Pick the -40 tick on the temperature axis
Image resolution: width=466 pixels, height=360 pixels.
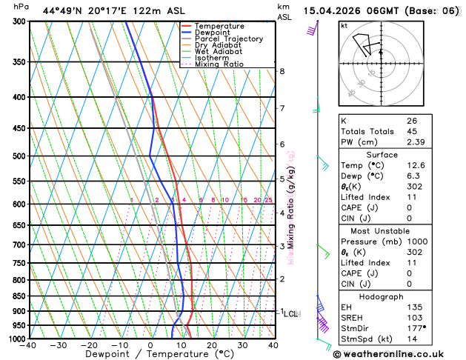29,345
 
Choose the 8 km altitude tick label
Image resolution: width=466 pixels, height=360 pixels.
282,71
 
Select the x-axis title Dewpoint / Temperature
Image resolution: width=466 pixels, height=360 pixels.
150,354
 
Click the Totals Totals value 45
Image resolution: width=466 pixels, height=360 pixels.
411,131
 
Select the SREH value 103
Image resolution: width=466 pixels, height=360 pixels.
413,318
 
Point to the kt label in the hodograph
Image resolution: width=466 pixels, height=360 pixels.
344,26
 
